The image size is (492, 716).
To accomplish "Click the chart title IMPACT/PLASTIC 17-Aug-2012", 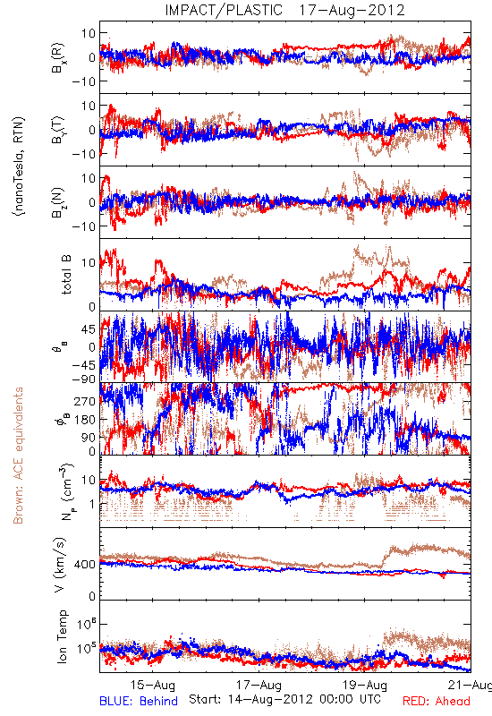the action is (x=284, y=10).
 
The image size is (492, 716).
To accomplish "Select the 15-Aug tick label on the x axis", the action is (x=152, y=685).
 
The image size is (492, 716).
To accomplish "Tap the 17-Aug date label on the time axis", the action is (x=259, y=685).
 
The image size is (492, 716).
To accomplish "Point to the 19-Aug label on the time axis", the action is (x=365, y=685).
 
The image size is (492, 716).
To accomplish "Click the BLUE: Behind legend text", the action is (x=139, y=701).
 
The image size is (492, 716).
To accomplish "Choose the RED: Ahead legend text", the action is (x=437, y=701).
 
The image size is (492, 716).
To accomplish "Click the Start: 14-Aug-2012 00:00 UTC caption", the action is (x=284, y=699).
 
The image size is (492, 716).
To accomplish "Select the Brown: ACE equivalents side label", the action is (x=18, y=456).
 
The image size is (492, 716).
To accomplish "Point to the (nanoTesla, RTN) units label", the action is (x=19, y=166).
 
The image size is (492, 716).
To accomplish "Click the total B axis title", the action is (x=66, y=275).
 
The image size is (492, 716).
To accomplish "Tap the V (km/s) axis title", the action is (x=60, y=565).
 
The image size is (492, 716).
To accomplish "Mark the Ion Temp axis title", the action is (x=62, y=636).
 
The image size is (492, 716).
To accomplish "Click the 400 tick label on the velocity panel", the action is (x=85, y=565).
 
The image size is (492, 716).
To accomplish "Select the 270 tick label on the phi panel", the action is (x=85, y=401).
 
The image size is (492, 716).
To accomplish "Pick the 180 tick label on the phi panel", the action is (x=85, y=419).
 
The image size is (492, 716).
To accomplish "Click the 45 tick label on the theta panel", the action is (x=89, y=329).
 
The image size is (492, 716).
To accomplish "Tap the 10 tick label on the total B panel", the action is (x=89, y=263).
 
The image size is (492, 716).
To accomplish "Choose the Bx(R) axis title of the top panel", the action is (x=58, y=57).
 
